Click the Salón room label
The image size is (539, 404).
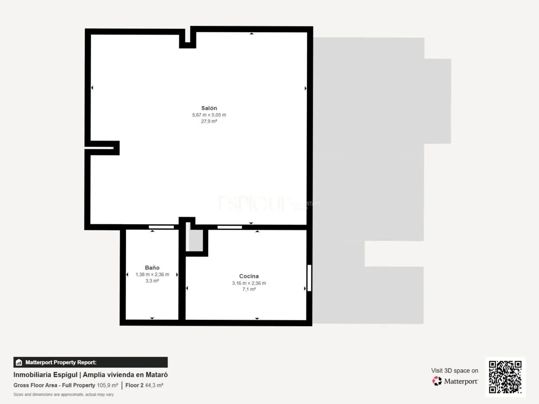click(x=209, y=108)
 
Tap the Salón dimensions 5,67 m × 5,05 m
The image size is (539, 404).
click(x=209, y=115)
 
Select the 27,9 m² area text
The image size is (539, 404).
click(x=209, y=121)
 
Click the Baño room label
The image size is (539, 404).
click(x=152, y=268)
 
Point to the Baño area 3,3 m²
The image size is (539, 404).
click(x=152, y=281)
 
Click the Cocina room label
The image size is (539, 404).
click(x=249, y=276)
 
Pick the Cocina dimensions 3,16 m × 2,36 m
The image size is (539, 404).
click(x=249, y=283)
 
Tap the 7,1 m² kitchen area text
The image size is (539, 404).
click(x=249, y=290)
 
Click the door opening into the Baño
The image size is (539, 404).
click(x=161, y=227)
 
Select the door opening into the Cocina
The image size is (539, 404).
click(x=230, y=227)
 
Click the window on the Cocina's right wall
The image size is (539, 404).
click(x=309, y=278)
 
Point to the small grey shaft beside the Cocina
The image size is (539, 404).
click(x=196, y=240)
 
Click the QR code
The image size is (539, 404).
click(x=505, y=377)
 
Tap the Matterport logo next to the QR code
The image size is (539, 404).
click(x=437, y=381)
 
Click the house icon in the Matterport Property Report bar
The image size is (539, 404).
click(x=19, y=363)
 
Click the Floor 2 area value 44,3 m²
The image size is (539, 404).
click(x=154, y=385)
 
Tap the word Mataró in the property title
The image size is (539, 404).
click(x=156, y=375)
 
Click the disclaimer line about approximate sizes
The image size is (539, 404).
click(x=63, y=394)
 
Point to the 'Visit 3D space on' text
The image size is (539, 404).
click(x=454, y=370)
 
